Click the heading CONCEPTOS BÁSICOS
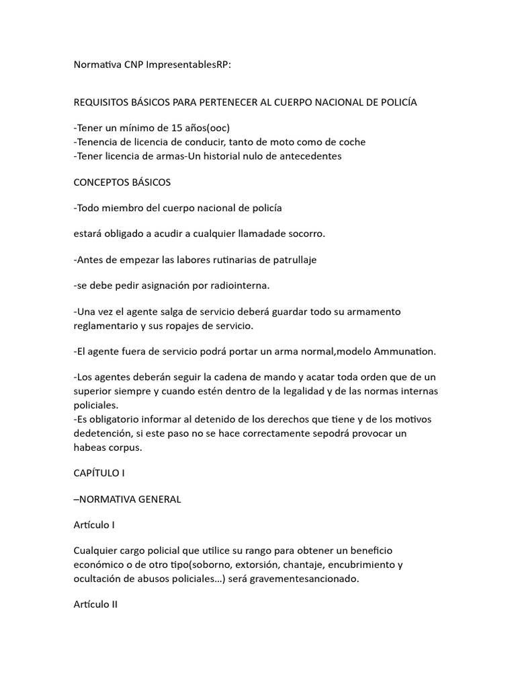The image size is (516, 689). pos(122,182)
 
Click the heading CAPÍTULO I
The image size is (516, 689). pos(99,473)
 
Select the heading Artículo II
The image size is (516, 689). pos(95,604)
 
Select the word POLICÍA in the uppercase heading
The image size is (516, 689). pos(394,102)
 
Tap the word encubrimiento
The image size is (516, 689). pos(361,565)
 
